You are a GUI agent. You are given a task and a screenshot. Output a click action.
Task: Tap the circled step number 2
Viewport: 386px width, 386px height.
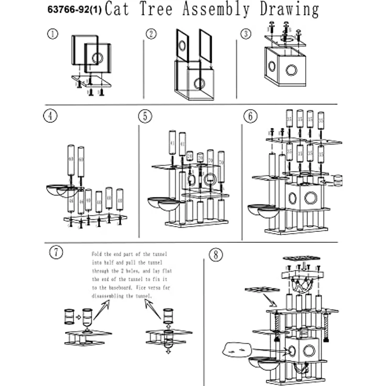click(151, 34)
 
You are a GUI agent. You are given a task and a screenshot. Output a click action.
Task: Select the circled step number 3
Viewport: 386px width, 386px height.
click(246, 34)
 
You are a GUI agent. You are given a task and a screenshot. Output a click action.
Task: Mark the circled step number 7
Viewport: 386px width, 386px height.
click(55, 252)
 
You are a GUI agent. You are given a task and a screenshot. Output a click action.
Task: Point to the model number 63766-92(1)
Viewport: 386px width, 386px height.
click(72, 10)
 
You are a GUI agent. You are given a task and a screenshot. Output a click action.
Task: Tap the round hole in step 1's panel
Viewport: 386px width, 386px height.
click(97, 58)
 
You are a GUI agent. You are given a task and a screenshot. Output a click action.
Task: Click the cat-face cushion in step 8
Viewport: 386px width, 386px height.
click(237, 347)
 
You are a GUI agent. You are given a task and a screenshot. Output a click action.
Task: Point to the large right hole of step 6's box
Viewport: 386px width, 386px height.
click(310, 198)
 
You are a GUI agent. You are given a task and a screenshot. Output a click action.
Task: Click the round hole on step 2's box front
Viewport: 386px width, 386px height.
click(199, 83)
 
